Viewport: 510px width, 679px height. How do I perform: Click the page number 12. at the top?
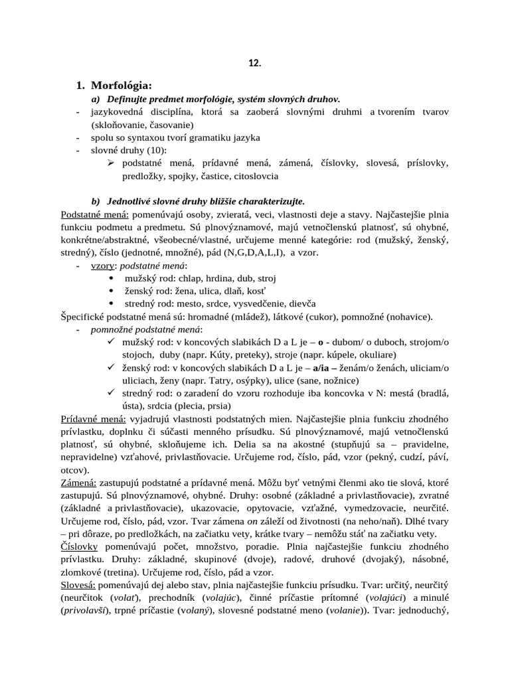click(x=255, y=64)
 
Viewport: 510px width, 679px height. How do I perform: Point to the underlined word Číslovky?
click(x=79, y=546)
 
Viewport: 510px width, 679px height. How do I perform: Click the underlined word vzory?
click(x=104, y=265)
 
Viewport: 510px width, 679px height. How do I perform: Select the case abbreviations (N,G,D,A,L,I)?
click(x=272, y=253)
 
